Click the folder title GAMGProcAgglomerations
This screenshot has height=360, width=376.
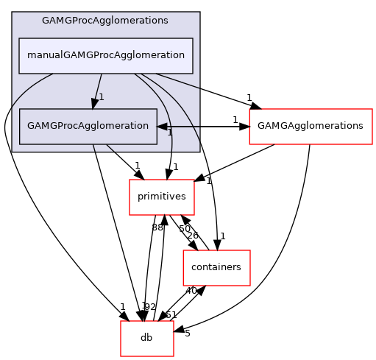(104, 21)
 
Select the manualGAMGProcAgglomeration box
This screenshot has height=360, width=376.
(105, 55)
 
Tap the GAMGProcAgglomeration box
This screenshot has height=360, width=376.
(88, 126)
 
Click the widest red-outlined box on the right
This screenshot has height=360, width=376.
(311, 127)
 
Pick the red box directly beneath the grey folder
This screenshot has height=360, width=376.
(162, 197)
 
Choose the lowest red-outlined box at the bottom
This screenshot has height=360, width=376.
(147, 339)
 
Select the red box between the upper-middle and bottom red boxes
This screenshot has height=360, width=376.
(216, 268)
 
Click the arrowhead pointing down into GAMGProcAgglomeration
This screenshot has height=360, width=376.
(95, 103)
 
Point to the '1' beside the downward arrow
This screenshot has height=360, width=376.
(102, 97)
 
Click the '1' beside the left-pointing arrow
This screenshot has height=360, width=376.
(169, 133)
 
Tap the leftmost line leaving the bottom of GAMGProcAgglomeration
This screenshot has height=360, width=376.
(94, 149)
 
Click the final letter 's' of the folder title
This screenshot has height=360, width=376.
(166, 21)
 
